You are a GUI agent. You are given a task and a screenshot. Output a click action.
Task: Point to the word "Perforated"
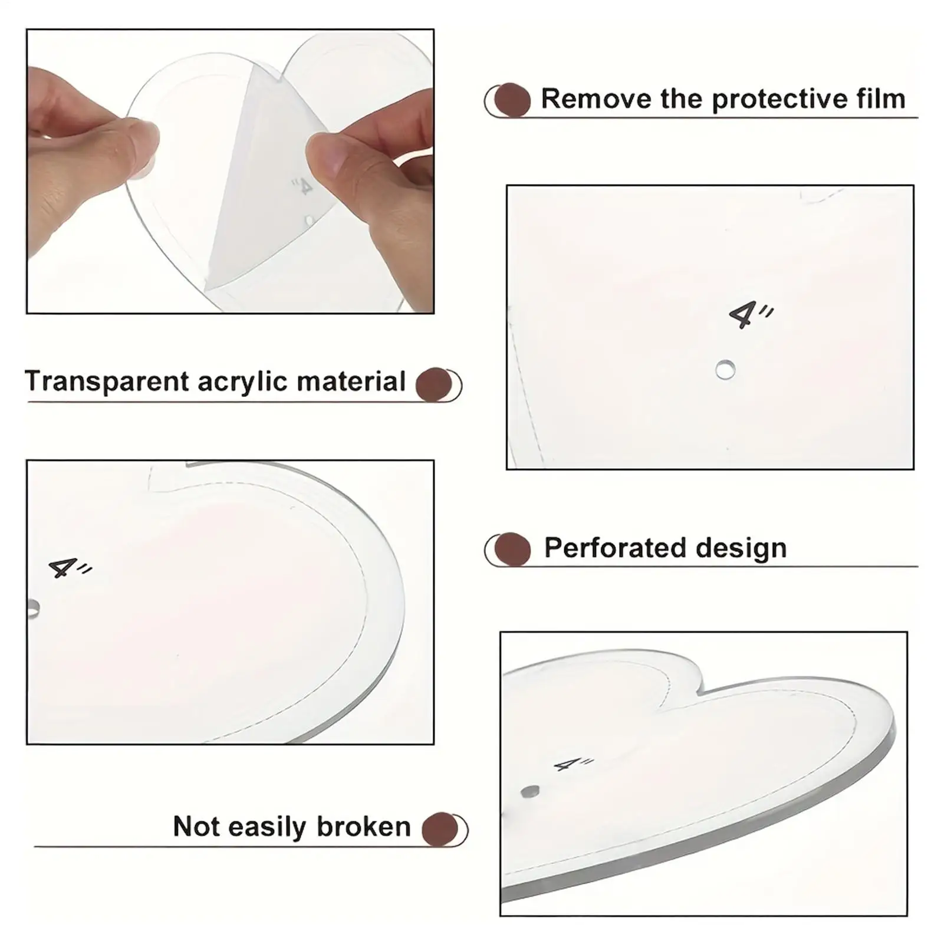point(616,548)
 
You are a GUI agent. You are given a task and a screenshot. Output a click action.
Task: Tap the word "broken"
point(363,827)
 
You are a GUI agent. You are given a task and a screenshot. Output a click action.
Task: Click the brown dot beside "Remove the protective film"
point(511,100)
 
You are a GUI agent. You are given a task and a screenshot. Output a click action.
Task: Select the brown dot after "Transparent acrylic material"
point(434,384)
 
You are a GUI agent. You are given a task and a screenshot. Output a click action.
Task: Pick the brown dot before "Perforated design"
point(512,549)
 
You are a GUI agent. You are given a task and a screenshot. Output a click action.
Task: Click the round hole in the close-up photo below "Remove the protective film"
point(725,370)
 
